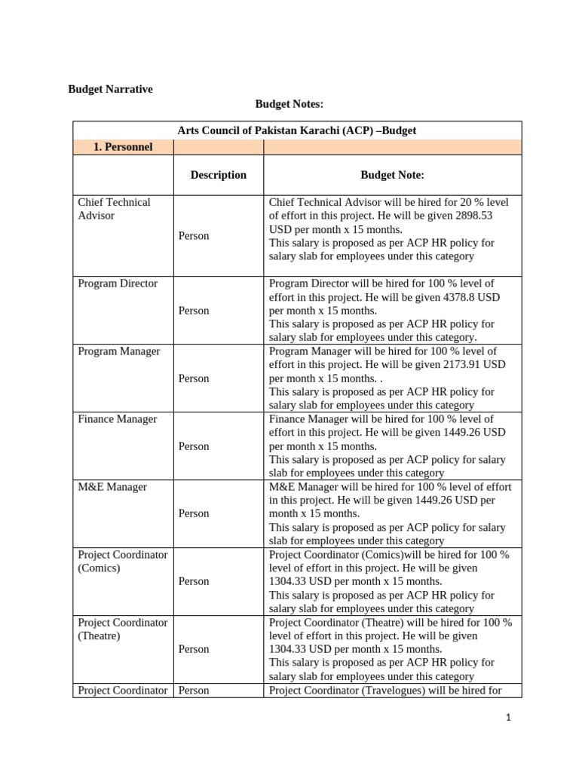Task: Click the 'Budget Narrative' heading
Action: pos(110,89)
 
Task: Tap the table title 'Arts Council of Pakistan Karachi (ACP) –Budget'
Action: pos(296,130)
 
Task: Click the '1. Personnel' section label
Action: pos(123,147)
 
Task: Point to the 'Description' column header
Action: pos(218,175)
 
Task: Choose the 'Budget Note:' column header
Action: pos(392,175)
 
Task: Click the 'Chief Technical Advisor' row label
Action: pos(114,209)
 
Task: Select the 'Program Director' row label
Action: pos(118,283)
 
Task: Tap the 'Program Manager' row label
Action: pos(119,351)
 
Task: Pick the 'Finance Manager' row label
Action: pos(118,419)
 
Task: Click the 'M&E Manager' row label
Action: pos(112,487)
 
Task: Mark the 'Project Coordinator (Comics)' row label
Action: pos(122,561)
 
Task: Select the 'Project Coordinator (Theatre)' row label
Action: pos(122,629)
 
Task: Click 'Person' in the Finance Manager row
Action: pos(194,446)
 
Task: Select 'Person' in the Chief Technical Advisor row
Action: pos(194,236)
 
